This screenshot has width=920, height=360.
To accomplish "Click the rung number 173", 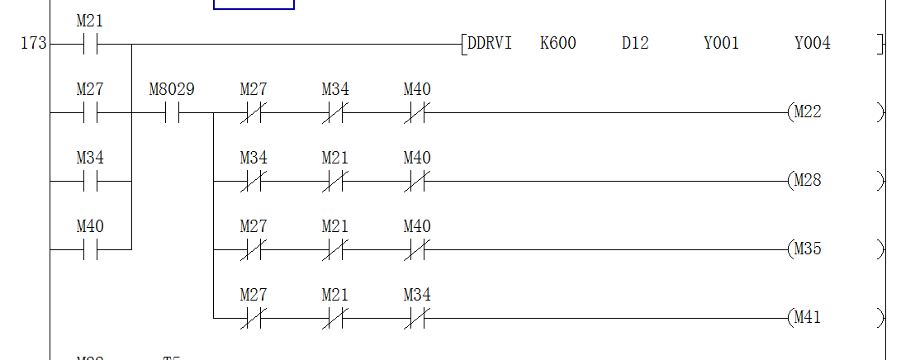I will (x=33, y=44).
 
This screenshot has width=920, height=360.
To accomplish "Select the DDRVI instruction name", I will (x=489, y=43).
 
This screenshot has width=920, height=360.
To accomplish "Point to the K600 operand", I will (x=558, y=43).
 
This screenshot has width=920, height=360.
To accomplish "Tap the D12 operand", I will (x=635, y=43).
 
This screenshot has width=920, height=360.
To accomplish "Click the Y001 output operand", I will (x=721, y=43).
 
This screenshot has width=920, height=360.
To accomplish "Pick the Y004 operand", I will (x=813, y=43).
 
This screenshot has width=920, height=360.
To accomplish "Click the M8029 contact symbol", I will (x=172, y=112).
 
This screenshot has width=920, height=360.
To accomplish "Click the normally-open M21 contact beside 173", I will (x=90, y=44).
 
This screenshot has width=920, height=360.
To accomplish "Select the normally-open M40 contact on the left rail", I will (x=90, y=249).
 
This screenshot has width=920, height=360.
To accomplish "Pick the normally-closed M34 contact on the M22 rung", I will (x=335, y=112).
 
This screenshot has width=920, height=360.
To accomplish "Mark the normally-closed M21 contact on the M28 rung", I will (x=335, y=181).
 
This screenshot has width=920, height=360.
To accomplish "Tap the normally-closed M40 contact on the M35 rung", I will (x=416, y=249).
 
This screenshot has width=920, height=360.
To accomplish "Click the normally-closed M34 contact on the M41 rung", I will (x=416, y=317).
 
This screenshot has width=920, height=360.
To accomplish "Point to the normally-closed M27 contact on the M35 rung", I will (x=254, y=249).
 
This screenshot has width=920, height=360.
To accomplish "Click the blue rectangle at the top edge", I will (x=254, y=4).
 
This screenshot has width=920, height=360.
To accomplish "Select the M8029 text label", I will (x=172, y=89).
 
